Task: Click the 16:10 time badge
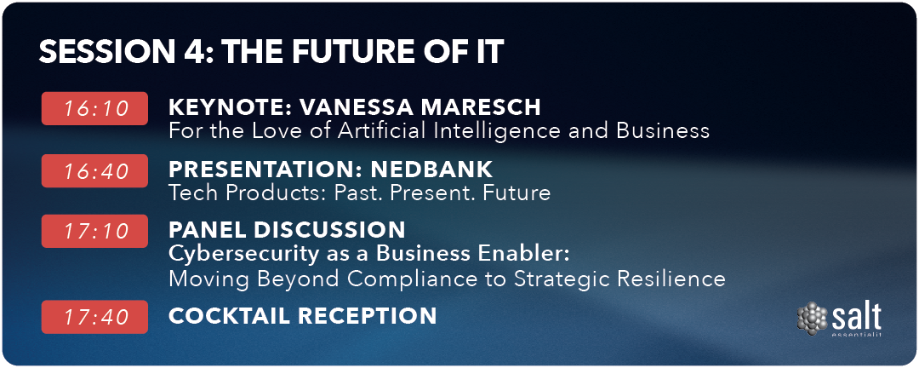tap(95, 108)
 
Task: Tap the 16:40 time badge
tap(95, 170)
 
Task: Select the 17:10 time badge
tap(95, 231)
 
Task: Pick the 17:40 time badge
tap(95, 317)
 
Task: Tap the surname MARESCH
tap(487, 107)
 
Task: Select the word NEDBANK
tap(431, 170)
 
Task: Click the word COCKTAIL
tap(229, 316)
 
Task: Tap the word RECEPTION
tap(367, 316)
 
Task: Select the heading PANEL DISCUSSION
tap(287, 229)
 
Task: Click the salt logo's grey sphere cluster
tap(812, 319)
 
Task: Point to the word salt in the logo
tap(856, 318)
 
